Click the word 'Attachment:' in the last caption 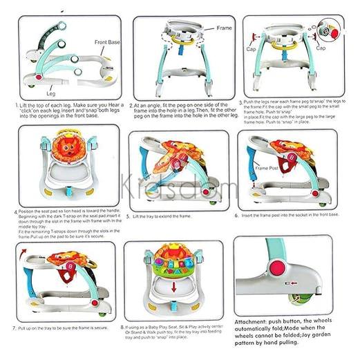(x=254, y=322)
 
